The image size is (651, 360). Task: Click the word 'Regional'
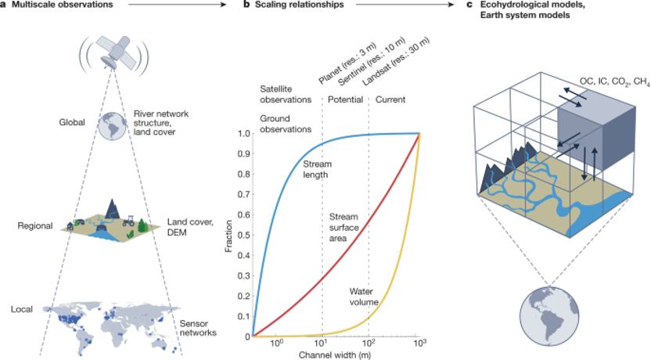point(34,226)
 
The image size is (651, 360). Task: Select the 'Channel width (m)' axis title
point(336,355)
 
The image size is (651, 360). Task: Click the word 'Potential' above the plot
point(344,100)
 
